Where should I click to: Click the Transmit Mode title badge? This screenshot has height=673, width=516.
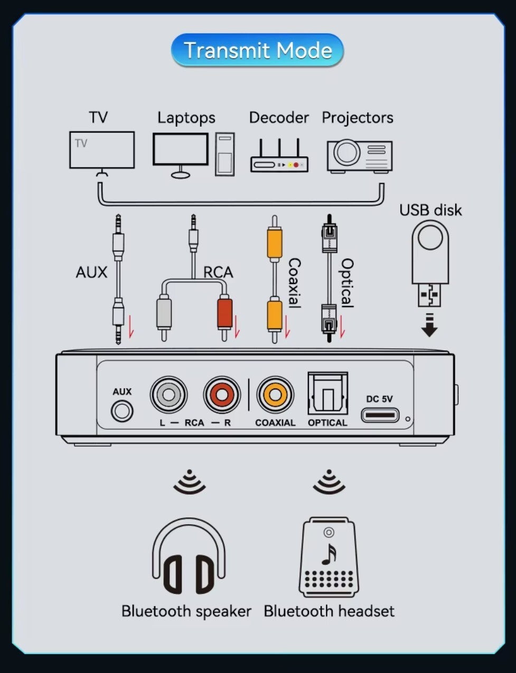click(257, 51)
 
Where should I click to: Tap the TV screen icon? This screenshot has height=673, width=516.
click(102, 150)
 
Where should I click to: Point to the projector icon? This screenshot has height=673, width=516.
click(359, 156)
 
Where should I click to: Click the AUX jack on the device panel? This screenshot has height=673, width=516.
click(122, 411)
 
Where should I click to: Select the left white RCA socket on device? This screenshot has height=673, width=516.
click(168, 394)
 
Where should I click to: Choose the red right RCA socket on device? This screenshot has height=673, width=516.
click(222, 394)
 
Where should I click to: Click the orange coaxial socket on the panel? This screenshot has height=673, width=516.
click(275, 394)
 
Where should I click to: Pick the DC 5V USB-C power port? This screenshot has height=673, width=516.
click(380, 415)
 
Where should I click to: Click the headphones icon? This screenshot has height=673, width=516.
click(189, 557)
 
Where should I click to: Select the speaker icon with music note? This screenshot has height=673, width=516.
click(328, 557)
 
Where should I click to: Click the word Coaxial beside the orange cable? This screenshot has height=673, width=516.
click(294, 282)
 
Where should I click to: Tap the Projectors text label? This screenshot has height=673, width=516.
click(358, 118)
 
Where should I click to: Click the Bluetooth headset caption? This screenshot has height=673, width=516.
click(329, 611)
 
